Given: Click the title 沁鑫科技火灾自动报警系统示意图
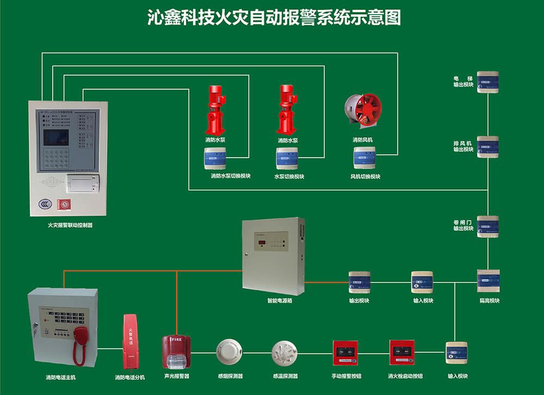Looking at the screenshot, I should click(274, 17).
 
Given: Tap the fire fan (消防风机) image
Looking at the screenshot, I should click(363, 111).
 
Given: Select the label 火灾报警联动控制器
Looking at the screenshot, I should click(70, 225).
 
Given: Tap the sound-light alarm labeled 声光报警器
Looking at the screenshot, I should click(176, 352).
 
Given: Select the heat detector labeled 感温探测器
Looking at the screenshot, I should click(285, 352).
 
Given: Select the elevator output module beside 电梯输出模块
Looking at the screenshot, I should click(488, 82).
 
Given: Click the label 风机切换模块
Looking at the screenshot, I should click(365, 177).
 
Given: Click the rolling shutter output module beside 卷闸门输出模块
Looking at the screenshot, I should click(488, 227).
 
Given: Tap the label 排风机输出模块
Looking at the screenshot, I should click(463, 146).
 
